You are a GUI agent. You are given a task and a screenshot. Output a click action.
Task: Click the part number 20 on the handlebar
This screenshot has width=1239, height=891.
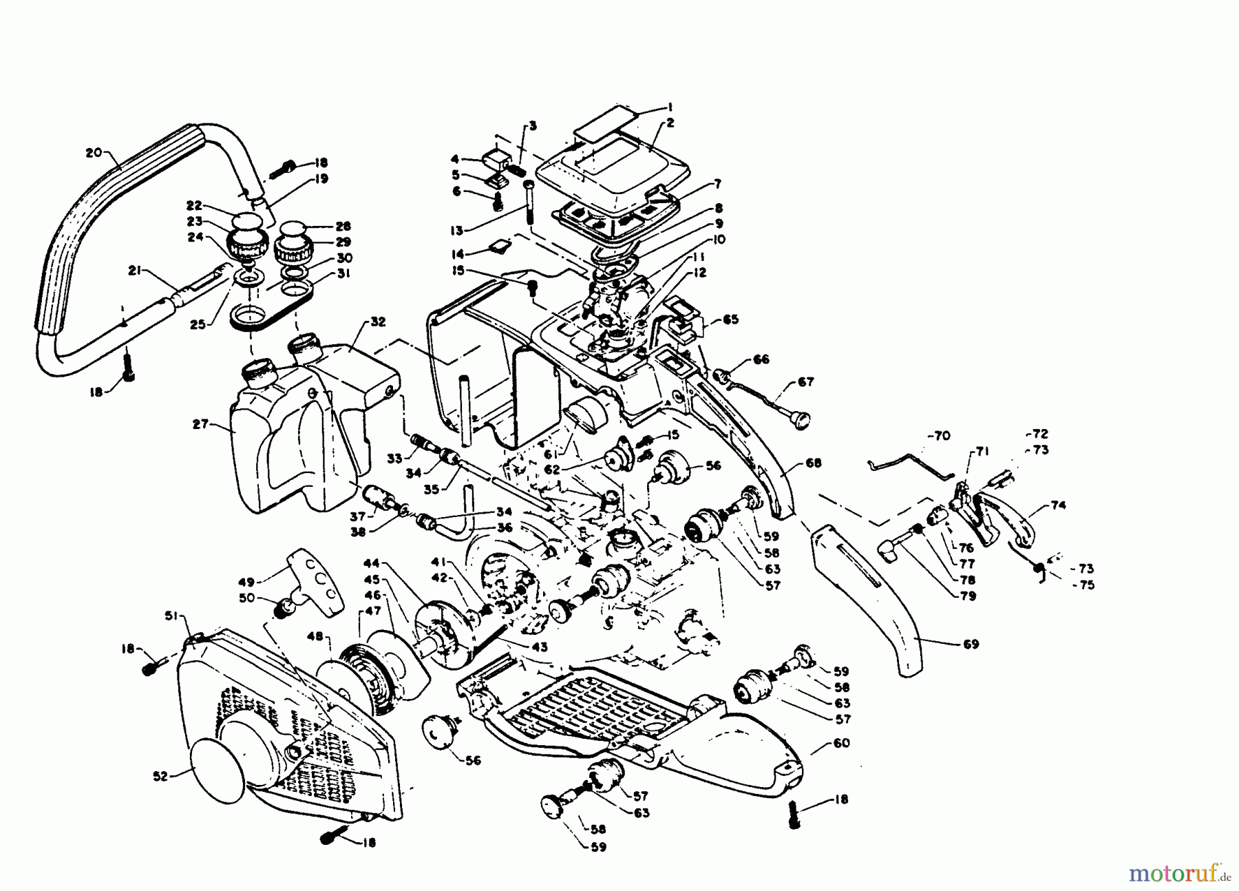pos(94,153)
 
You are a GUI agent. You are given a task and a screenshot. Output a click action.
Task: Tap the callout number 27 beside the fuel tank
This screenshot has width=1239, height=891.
pos(200,425)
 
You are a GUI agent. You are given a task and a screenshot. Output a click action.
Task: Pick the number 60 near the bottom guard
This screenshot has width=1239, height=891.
pos(841,743)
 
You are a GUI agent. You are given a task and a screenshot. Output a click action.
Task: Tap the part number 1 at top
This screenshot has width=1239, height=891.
pos(669,107)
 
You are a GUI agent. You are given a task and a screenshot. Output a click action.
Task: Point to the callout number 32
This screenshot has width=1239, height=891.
pos(378,322)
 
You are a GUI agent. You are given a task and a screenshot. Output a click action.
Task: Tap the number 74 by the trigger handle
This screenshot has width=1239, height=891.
pos(1058,505)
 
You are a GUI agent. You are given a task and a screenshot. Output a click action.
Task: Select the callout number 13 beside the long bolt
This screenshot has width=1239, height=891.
pos(475,230)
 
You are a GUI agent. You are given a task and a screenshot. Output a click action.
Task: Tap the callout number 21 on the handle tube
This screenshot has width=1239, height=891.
pos(134,271)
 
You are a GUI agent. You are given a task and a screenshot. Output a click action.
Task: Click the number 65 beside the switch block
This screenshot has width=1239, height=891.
pos(730,319)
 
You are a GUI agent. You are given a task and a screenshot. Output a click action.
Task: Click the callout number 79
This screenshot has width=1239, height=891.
pos(967,596)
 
